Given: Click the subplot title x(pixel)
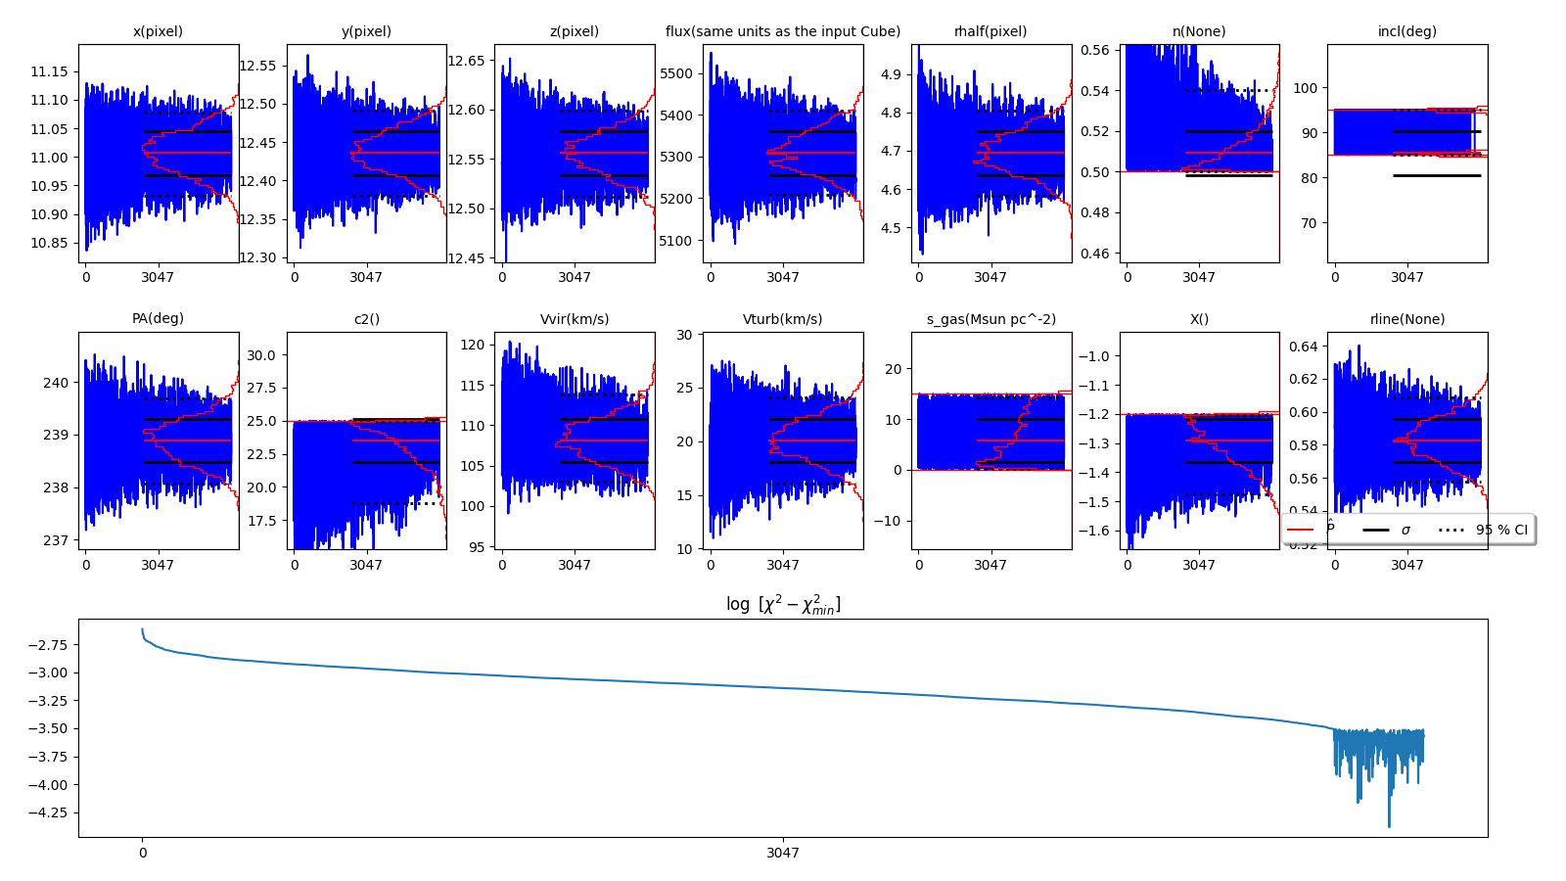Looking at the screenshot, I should [158, 31].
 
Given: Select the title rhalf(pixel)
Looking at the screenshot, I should [990, 31].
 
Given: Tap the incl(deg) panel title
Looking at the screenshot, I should [1406, 31].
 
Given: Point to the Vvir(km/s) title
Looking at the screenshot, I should [575, 319].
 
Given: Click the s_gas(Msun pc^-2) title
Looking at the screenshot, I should [990, 319].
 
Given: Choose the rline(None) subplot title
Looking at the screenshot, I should [1406, 319].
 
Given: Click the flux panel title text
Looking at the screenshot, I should [782, 31].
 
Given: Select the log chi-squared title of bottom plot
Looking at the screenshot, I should [783, 605].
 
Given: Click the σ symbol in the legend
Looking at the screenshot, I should [1405, 530].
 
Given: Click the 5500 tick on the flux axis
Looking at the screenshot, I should [676, 73].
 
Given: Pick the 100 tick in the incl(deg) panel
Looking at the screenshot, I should [1305, 88].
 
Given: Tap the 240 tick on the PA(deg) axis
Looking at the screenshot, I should [57, 383].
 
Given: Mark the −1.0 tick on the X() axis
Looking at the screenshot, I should [1092, 356].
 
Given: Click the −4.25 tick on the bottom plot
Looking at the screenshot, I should [47, 812].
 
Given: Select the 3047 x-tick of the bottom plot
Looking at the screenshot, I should [783, 853].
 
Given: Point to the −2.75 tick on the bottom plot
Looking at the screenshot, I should [47, 645].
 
